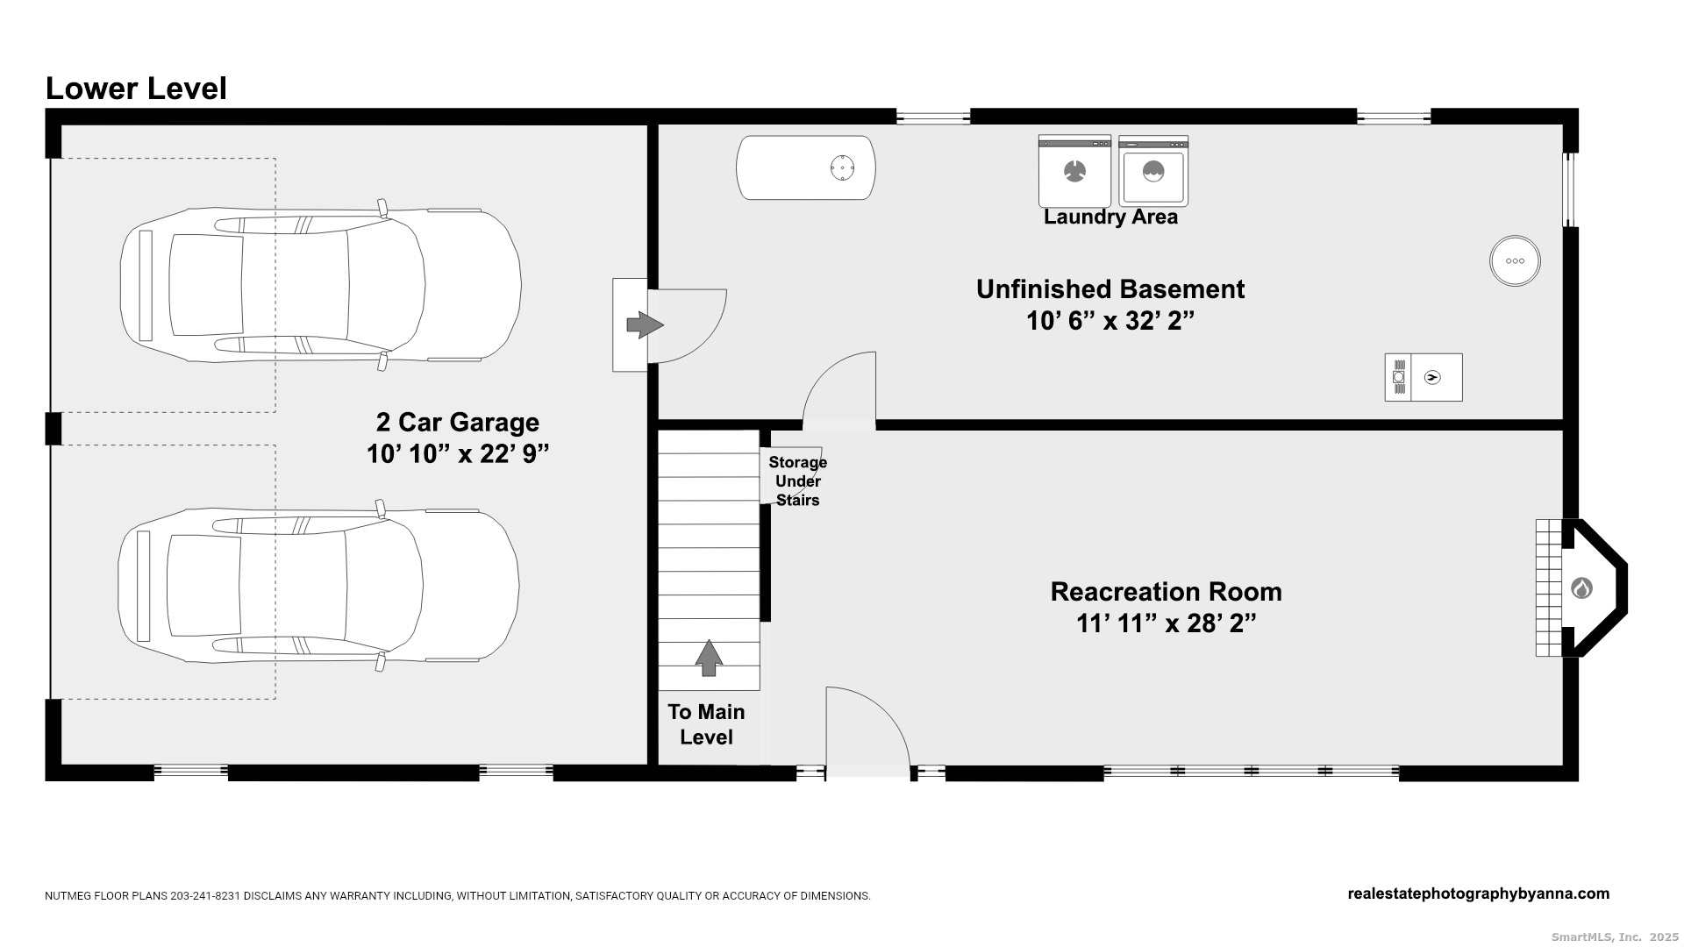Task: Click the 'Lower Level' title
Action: click(x=136, y=89)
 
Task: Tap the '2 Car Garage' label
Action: click(x=458, y=423)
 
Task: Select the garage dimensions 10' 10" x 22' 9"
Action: click(x=458, y=454)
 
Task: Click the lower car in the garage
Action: click(x=319, y=585)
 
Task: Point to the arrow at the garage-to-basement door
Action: click(x=646, y=325)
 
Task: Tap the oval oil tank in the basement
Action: click(x=806, y=167)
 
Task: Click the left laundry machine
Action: click(x=1074, y=171)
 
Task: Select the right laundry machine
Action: click(x=1153, y=171)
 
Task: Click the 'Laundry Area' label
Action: click(x=1110, y=217)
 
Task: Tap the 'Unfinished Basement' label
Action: click(x=1110, y=289)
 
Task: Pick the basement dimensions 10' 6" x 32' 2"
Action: click(x=1110, y=321)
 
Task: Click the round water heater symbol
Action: click(x=1515, y=260)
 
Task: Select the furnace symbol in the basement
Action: click(x=1424, y=377)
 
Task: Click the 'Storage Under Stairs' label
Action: click(x=798, y=481)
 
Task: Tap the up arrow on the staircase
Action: click(x=709, y=658)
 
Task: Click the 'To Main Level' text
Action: click(x=706, y=724)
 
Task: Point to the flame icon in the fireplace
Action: click(x=1581, y=587)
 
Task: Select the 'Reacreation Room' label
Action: click(x=1167, y=592)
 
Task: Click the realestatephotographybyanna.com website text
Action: click(x=1479, y=894)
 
